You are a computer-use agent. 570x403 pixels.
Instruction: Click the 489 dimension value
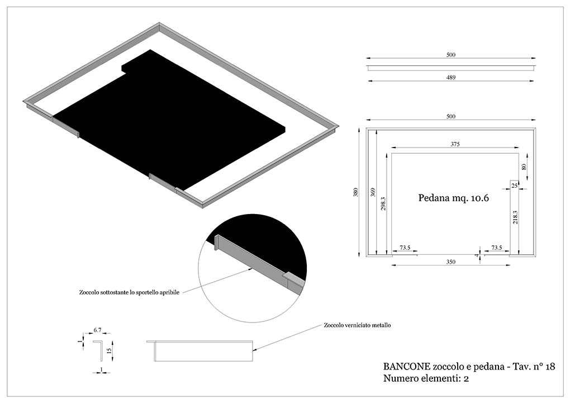point(451,77)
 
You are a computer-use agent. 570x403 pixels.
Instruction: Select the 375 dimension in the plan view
point(455,144)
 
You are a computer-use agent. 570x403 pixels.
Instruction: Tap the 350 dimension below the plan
point(451,262)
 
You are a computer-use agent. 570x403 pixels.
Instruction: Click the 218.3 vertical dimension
point(515,217)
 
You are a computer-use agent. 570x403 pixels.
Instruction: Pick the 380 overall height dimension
point(355,192)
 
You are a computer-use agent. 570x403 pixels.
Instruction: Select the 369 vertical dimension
point(372,192)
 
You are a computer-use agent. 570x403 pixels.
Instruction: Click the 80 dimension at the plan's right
point(524,167)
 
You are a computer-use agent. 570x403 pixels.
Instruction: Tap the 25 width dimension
point(514,186)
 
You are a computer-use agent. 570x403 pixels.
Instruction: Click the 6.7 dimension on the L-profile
point(97,330)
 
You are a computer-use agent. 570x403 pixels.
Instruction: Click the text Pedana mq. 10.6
point(454,198)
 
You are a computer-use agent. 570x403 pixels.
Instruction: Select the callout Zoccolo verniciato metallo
point(357,325)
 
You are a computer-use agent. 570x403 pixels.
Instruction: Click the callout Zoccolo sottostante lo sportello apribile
point(129,292)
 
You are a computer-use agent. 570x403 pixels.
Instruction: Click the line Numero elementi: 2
point(426,378)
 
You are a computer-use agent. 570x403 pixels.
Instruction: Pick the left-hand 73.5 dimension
point(405,248)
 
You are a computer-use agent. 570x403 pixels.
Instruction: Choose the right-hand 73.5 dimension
point(497,248)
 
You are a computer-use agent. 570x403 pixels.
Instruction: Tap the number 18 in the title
point(550,367)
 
